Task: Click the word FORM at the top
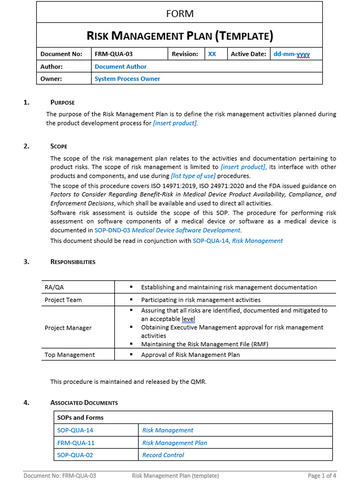180,14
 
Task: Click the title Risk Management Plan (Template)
180,33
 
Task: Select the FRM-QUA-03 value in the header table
114,56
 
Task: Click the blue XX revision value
211,56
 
